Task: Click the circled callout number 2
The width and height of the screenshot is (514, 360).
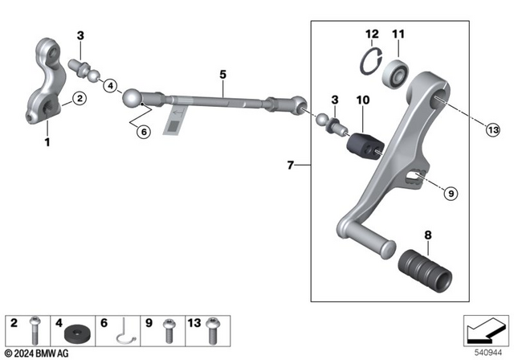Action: click(78, 99)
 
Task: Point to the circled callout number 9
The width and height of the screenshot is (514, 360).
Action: click(450, 193)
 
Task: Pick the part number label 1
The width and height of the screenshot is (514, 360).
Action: click(47, 143)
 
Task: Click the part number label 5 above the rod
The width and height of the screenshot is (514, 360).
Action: click(222, 74)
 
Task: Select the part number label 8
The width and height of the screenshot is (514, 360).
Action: click(428, 236)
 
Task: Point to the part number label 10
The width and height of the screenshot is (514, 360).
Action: click(362, 99)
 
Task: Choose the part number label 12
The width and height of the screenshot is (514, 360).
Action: click(370, 33)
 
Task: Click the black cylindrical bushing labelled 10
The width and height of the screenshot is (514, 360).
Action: click(365, 143)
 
